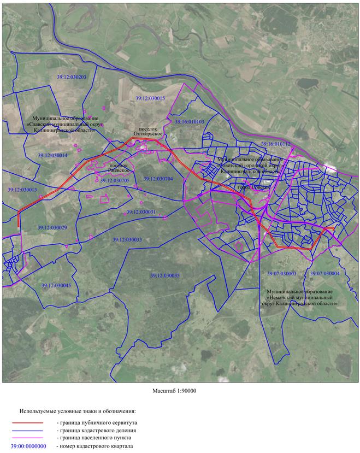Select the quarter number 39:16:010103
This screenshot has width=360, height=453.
(x=189, y=121)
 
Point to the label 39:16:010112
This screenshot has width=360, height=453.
(x=275, y=144)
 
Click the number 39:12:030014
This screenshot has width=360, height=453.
(x=52, y=156)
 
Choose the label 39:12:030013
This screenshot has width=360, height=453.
(x=22, y=190)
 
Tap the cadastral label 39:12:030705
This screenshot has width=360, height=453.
(x=115, y=180)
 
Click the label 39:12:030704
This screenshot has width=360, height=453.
(x=158, y=179)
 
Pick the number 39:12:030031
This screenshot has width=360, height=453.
(x=141, y=211)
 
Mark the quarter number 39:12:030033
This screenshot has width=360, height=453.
(x=127, y=239)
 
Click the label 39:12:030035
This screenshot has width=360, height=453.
(x=164, y=275)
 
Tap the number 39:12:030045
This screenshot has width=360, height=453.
(x=56, y=285)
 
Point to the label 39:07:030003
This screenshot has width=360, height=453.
(x=281, y=273)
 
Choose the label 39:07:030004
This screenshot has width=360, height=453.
(x=324, y=273)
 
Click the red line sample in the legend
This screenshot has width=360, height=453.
(x=27, y=423)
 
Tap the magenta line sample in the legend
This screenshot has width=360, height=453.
(x=27, y=438)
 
